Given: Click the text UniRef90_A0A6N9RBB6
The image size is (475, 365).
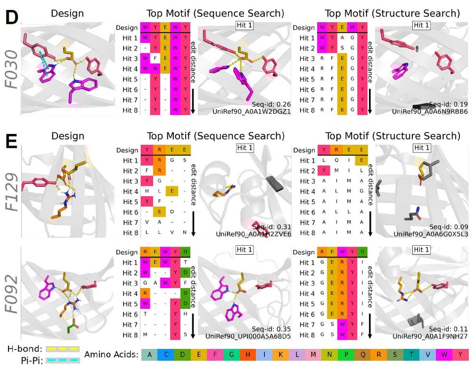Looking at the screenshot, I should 430,111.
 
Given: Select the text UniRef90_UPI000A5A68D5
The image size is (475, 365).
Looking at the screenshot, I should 249,336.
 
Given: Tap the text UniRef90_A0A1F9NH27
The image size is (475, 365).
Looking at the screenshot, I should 430,336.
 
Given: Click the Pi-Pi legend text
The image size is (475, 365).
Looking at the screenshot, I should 20,361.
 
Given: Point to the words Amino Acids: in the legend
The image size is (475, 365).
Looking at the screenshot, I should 111,354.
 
